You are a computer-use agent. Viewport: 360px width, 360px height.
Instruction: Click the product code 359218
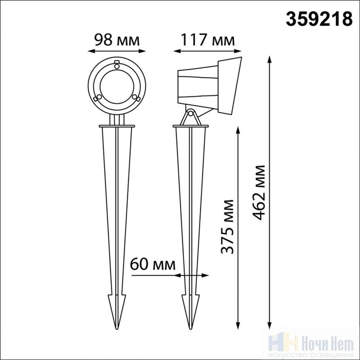(x=319, y=19)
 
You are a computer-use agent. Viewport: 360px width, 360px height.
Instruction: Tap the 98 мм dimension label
(x=117, y=40)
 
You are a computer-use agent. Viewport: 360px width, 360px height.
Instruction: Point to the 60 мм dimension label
(x=153, y=264)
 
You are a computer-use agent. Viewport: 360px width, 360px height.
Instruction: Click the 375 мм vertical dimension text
(x=227, y=227)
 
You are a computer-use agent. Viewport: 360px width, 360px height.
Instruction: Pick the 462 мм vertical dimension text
(x=259, y=193)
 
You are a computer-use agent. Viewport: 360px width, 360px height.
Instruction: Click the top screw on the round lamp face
(x=117, y=66)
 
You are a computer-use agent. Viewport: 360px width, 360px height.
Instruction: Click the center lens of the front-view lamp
(x=117, y=87)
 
